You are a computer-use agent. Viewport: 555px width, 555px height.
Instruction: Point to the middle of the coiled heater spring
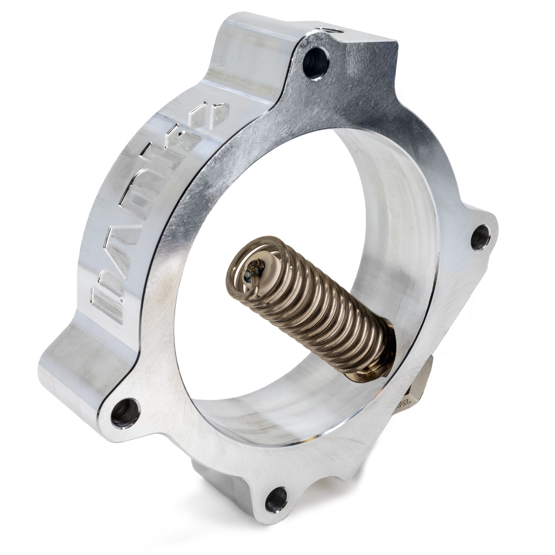[x=314, y=307]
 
